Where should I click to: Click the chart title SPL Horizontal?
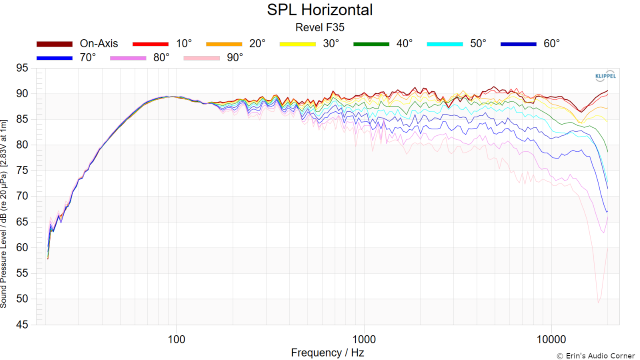point(320,10)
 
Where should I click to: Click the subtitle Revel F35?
point(320,28)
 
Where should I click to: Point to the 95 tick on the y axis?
point(22,68)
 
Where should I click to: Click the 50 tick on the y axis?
point(22,299)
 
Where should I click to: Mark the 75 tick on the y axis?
point(22,171)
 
